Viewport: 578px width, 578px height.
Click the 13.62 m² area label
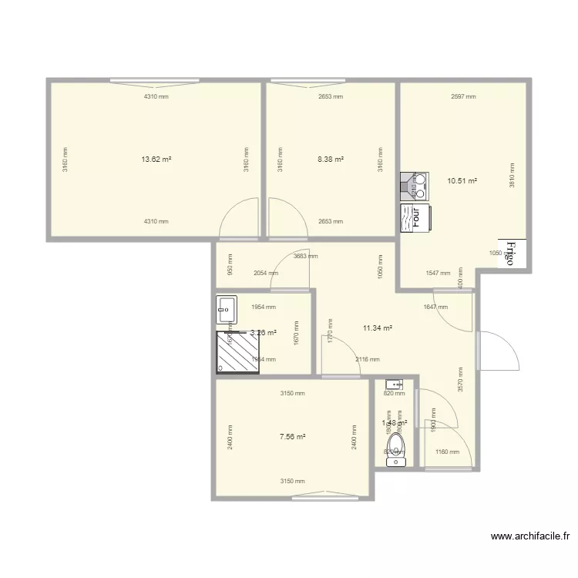tap(156, 160)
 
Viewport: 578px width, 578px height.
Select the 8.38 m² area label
tap(331, 160)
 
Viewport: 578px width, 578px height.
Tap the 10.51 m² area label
tap(462, 182)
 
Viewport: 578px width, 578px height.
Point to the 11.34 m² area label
tap(378, 328)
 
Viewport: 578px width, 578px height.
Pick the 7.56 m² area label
tap(292, 436)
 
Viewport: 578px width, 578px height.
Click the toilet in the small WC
tap(395, 446)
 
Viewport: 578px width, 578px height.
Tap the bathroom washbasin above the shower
tap(227, 310)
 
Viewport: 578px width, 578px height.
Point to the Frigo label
tap(510, 251)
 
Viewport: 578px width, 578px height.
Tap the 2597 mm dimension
tap(463, 96)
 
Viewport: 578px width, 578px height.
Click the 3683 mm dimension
tap(305, 256)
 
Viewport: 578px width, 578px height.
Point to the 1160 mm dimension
tap(447, 452)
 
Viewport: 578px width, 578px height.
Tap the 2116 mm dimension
tap(367, 359)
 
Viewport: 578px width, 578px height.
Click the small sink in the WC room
tap(395, 383)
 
